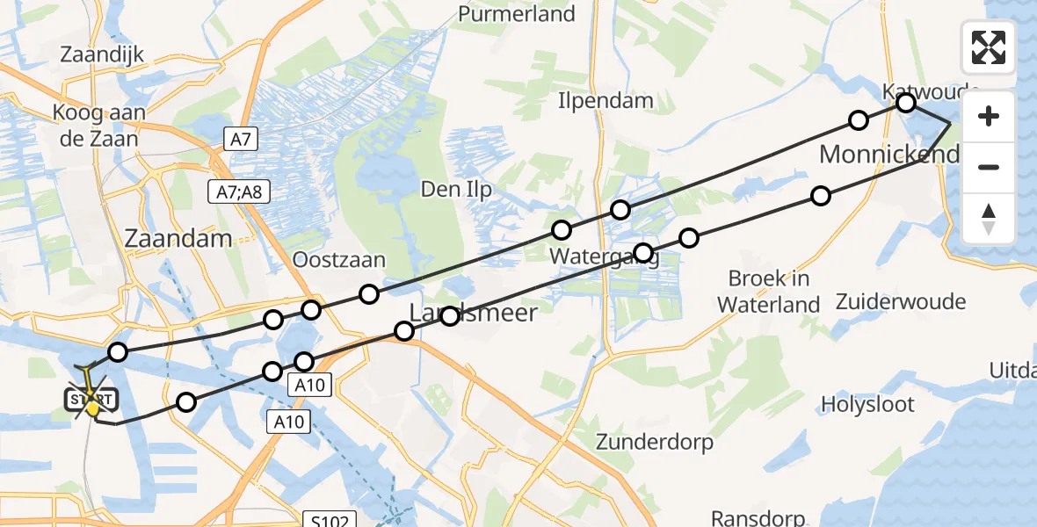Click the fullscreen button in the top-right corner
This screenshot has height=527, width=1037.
point(989,47)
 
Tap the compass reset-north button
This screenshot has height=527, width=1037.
point(989,219)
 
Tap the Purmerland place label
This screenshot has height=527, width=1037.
point(517,14)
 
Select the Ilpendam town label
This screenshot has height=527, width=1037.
point(606,101)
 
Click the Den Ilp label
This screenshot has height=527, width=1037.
point(456,190)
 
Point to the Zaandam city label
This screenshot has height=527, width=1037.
point(178,239)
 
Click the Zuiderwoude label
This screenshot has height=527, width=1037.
point(901,302)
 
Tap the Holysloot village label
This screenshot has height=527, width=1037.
point(867,405)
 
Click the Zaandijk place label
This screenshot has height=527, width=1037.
point(101,54)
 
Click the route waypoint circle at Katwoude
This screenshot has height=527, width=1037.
point(905,104)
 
